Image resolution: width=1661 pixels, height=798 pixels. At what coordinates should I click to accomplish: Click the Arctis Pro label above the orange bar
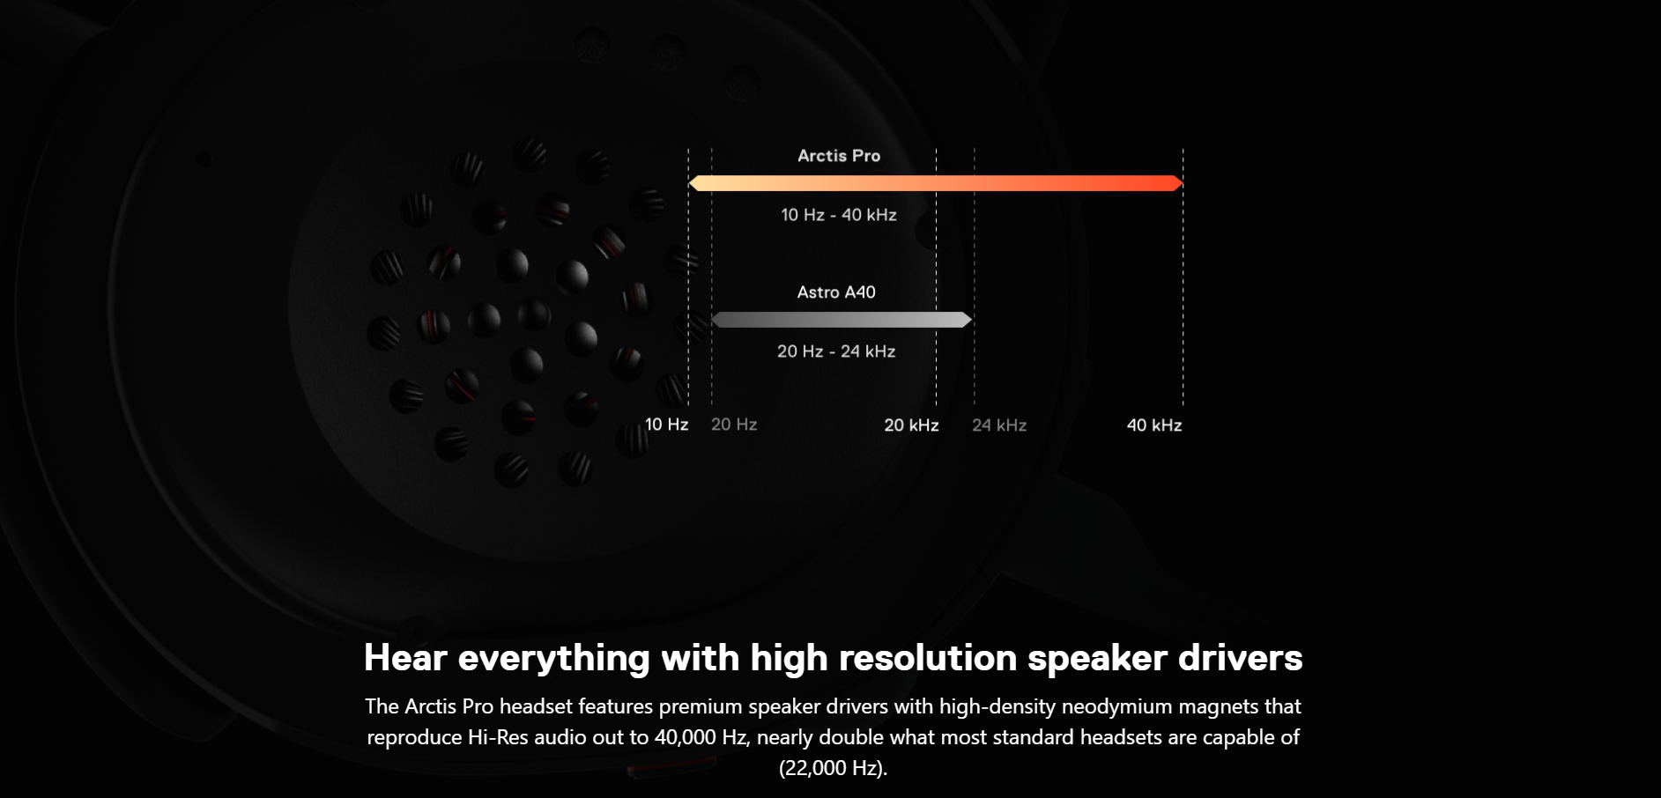point(839,156)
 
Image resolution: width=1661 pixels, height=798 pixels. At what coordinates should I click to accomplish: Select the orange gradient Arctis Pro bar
point(936,183)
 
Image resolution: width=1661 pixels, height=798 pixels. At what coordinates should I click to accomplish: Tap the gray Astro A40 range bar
point(842,320)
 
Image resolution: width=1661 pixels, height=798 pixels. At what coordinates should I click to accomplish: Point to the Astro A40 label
point(836,292)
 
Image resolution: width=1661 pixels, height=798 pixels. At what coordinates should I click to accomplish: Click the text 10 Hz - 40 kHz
point(839,215)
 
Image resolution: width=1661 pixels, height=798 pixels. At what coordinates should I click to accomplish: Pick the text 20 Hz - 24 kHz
point(836,351)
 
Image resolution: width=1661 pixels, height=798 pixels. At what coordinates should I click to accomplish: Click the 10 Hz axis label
point(666,425)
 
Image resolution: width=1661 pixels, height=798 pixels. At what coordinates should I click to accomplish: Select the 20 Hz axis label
point(734,425)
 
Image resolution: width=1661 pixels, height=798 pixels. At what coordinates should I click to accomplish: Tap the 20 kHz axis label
point(911,425)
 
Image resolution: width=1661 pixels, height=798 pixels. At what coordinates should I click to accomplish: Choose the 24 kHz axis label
point(999,425)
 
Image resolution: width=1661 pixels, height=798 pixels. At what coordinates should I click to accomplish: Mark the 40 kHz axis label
point(1154,425)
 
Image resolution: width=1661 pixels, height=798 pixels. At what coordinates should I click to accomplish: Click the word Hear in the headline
point(405,658)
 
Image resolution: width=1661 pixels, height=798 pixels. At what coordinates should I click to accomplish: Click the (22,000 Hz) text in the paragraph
point(832,768)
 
